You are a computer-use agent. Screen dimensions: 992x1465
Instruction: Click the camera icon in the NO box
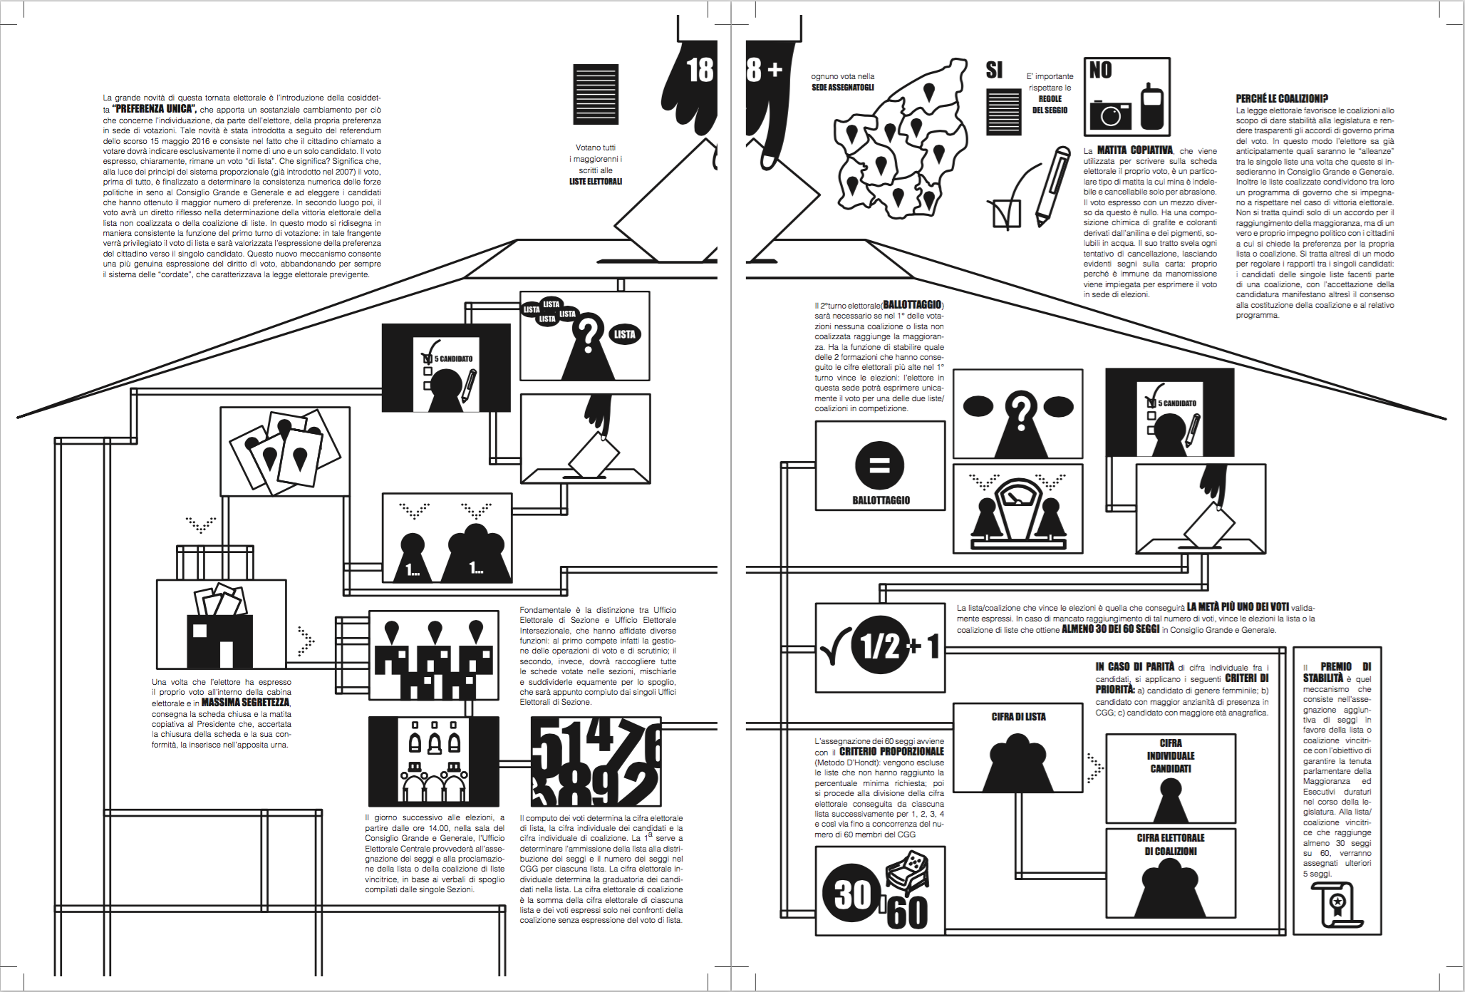pyautogui.click(x=1110, y=114)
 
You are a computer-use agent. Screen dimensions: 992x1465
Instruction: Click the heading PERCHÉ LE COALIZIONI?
pyautogui.click(x=1282, y=99)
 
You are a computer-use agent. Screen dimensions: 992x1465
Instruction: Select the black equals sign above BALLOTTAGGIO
pyautogui.click(x=880, y=465)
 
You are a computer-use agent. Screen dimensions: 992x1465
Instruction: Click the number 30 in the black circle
pyautogui.click(x=852, y=894)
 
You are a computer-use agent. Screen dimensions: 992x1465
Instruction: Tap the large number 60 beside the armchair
pyautogui.click(x=908, y=912)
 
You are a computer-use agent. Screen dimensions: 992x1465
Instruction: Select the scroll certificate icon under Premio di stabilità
pyautogui.click(x=1336, y=904)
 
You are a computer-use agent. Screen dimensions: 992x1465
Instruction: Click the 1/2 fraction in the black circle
pyautogui.click(x=880, y=646)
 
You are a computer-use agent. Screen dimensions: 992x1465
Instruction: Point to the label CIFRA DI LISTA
pyautogui.click(x=1018, y=717)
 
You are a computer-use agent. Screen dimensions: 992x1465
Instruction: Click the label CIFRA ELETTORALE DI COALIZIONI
pyautogui.click(x=1171, y=844)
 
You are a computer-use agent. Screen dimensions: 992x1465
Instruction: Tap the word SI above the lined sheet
pyautogui.click(x=994, y=70)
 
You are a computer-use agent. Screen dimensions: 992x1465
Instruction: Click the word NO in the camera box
pyautogui.click(x=1101, y=70)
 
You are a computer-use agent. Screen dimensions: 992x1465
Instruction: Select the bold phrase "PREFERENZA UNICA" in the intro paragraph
pyautogui.click(x=153, y=109)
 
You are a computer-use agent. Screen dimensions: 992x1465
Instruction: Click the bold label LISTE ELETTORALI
pyautogui.click(x=596, y=182)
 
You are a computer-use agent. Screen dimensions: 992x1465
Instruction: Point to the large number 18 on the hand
pyautogui.click(x=700, y=70)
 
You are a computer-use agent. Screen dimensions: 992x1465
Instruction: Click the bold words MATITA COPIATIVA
pyautogui.click(x=1134, y=150)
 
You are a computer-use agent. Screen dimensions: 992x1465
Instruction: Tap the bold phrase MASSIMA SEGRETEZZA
pyautogui.click(x=245, y=703)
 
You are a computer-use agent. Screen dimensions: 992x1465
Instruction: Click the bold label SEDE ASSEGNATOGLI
pyautogui.click(x=843, y=88)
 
